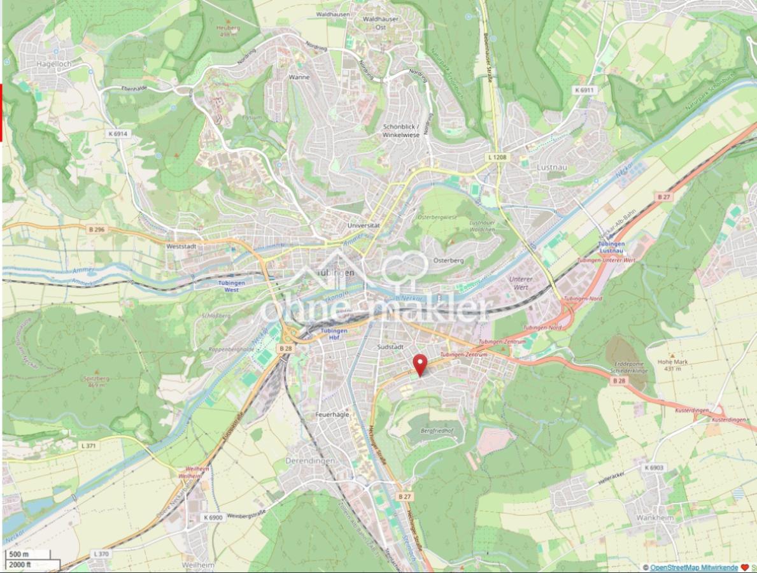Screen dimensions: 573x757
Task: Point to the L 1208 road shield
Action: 499,157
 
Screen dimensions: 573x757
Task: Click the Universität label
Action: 364,225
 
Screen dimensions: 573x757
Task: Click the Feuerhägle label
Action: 332,414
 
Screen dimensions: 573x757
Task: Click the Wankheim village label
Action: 654,518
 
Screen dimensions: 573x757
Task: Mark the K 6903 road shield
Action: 653,467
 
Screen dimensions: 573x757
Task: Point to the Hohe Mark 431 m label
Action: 678,364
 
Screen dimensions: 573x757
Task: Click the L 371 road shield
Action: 88,445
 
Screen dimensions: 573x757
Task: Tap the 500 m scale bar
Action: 19,554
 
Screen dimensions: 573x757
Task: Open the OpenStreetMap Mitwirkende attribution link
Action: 694,567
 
